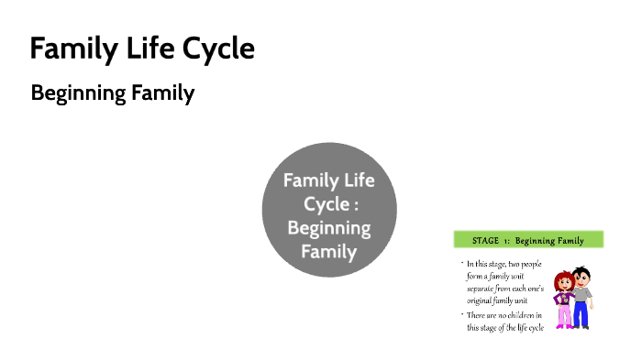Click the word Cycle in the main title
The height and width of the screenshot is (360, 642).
(x=217, y=49)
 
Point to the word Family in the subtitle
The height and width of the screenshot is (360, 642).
(x=167, y=93)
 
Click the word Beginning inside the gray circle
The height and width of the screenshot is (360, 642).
(x=329, y=227)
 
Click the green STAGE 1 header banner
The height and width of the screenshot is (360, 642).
(x=527, y=241)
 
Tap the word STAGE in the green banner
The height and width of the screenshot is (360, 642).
(x=485, y=241)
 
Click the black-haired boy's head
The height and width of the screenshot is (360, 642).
(x=581, y=277)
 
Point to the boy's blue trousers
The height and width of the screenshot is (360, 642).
(x=581, y=314)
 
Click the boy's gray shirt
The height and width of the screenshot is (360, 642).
(x=581, y=294)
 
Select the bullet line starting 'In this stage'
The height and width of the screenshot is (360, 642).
(x=504, y=265)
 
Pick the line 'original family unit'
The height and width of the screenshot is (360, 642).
(x=501, y=300)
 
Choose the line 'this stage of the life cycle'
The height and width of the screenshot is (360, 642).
(x=506, y=327)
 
